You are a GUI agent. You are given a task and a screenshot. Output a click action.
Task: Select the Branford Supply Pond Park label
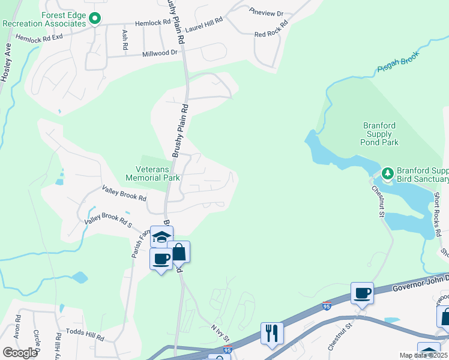[380, 134]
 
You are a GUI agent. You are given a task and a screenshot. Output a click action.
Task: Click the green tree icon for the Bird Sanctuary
[388, 174]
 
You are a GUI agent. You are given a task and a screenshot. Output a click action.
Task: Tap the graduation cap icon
[161, 237]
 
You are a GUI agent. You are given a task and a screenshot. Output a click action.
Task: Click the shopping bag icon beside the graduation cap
[179, 252]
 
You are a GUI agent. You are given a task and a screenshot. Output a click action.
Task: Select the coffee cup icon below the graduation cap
[161, 259]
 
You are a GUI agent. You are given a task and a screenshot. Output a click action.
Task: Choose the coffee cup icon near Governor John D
[362, 293]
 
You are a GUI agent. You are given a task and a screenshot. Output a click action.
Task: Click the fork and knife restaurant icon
[272, 333]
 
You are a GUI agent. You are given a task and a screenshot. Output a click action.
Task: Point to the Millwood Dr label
[160, 53]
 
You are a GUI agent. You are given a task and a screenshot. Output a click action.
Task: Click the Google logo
[19, 352]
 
